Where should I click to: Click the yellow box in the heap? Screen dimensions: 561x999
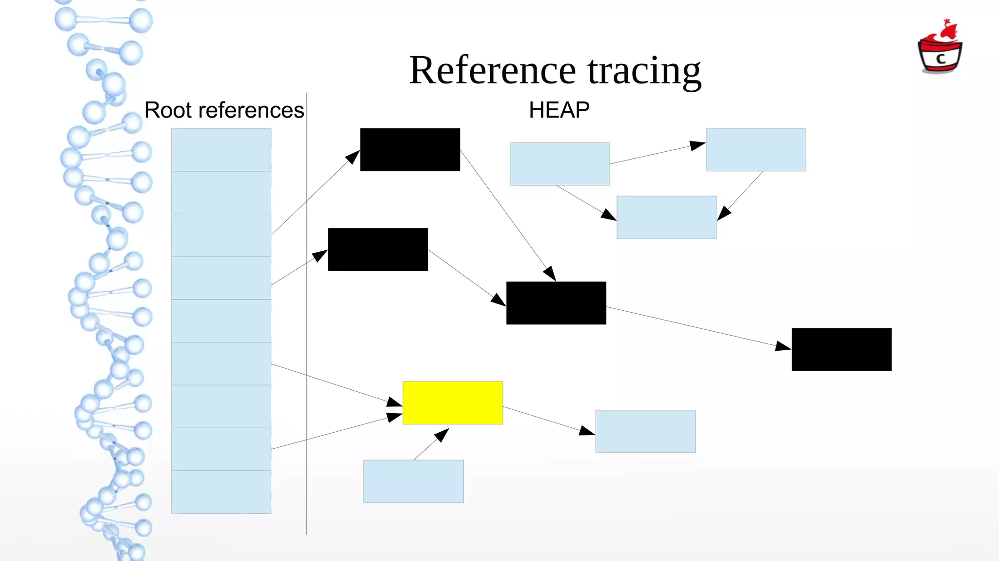(x=453, y=402)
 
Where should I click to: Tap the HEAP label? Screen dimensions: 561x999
(x=559, y=110)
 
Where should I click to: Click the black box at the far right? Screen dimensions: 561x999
(x=841, y=349)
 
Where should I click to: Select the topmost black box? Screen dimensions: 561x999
(x=410, y=149)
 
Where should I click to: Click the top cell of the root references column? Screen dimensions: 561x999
(x=221, y=149)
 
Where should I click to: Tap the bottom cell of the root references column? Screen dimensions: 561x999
(x=221, y=492)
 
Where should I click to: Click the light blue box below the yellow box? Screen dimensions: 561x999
(x=414, y=481)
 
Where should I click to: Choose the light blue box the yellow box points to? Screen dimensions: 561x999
(x=645, y=431)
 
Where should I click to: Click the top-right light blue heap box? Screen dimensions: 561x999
(x=756, y=149)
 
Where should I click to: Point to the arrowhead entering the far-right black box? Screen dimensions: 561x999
(x=783, y=346)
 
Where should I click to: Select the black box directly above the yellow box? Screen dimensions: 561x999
(x=378, y=249)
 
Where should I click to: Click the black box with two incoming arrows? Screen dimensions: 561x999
(x=556, y=303)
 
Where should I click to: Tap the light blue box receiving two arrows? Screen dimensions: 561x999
(x=667, y=218)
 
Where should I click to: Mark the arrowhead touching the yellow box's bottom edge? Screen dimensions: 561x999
(x=442, y=434)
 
